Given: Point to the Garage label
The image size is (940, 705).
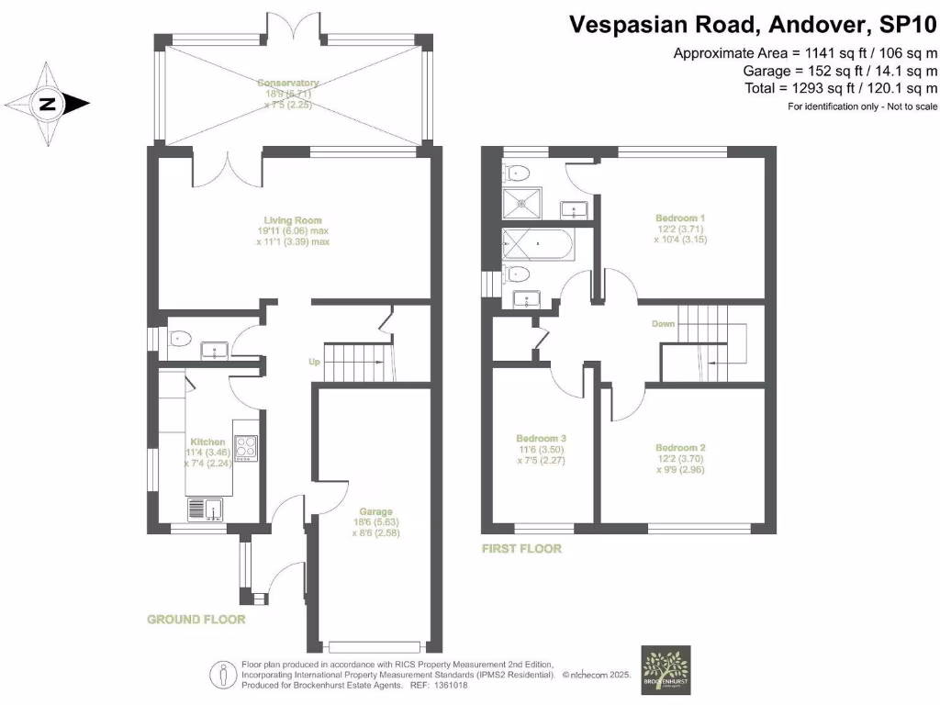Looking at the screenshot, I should (x=375, y=512).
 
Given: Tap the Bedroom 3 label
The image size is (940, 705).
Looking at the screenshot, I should (x=541, y=439).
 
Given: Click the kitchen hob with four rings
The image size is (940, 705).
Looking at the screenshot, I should (x=246, y=447).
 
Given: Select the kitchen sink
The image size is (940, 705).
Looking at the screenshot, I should (x=207, y=508).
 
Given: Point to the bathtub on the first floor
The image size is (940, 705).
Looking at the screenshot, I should (x=536, y=246).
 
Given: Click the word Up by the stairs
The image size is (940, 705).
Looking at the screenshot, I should (x=314, y=362).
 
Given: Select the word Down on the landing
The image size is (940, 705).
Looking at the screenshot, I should (x=664, y=324).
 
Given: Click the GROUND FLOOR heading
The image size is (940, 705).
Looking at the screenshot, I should (x=196, y=620).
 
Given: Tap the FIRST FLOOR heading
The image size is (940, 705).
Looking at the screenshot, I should (x=521, y=549).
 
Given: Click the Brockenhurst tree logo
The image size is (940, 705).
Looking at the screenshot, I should (x=666, y=671).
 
